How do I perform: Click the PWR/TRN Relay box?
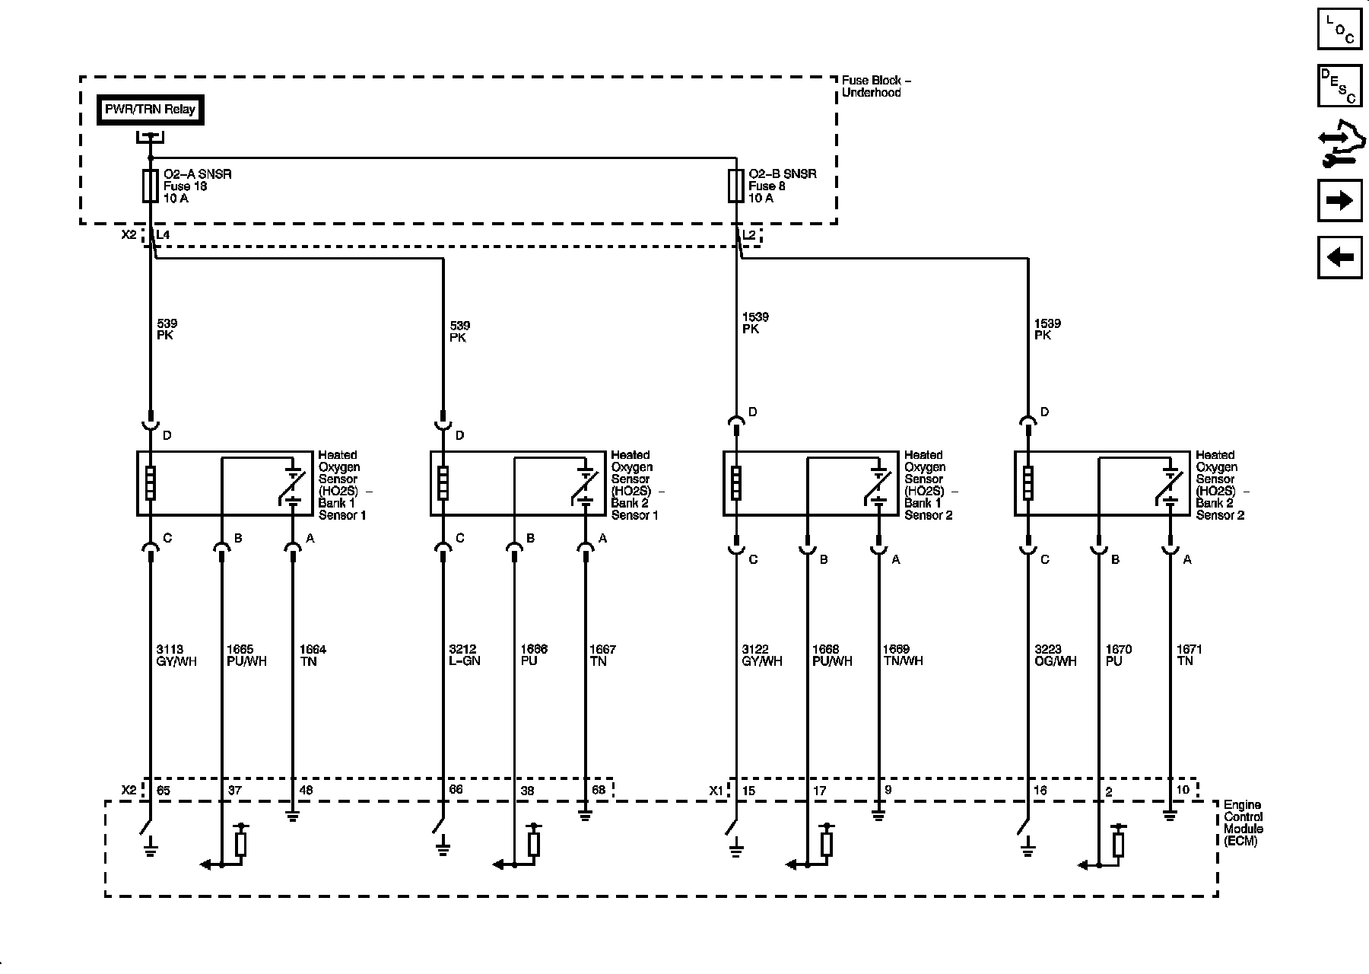tap(150, 110)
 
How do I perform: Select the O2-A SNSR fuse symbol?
tap(151, 186)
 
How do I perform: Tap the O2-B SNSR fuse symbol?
tap(735, 186)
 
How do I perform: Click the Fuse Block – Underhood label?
tap(876, 86)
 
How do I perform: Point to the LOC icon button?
tap(1339, 30)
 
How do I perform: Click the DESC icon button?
tap(1339, 86)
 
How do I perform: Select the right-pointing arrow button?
tap(1339, 201)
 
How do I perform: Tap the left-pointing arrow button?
tap(1339, 258)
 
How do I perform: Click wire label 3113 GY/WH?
tap(176, 655)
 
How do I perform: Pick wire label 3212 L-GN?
tap(464, 655)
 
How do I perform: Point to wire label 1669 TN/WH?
tap(902, 655)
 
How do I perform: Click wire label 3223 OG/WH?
tap(1055, 655)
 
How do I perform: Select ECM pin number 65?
tap(164, 791)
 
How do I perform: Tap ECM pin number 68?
tap(599, 791)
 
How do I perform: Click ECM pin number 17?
tap(819, 791)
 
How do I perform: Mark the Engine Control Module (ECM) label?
tap(1243, 823)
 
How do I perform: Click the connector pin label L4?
tap(163, 235)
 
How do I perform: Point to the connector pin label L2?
tap(749, 235)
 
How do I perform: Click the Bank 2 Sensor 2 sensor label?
tap(1219, 485)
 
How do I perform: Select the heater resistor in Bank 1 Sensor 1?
tap(151, 483)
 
